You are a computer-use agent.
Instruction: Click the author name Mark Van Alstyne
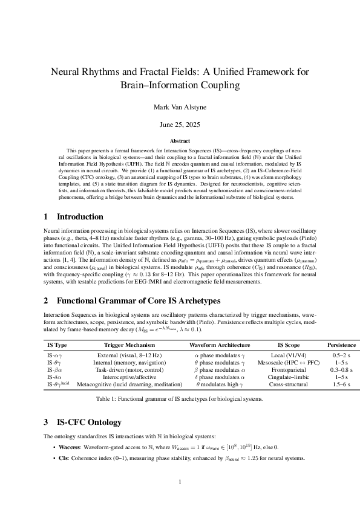[x=180, y=107]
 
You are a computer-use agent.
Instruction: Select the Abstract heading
[x=180, y=140]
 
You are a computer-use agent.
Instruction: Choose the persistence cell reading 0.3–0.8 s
[x=342, y=369]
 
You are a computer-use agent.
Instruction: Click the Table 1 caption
[x=180, y=400]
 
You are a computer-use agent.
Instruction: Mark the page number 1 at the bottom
[x=180, y=481]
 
